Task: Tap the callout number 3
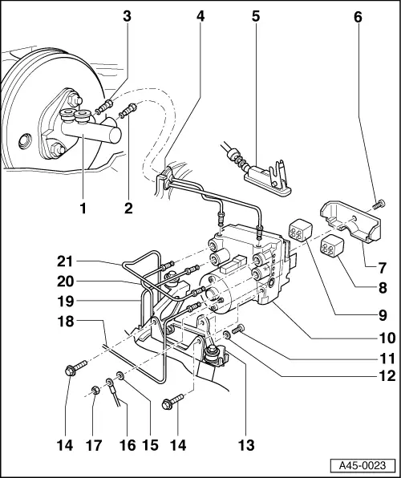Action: [x=126, y=16]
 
